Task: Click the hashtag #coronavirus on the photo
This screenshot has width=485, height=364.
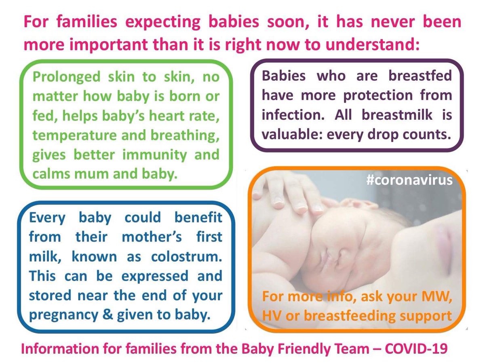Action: [x=410, y=180]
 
